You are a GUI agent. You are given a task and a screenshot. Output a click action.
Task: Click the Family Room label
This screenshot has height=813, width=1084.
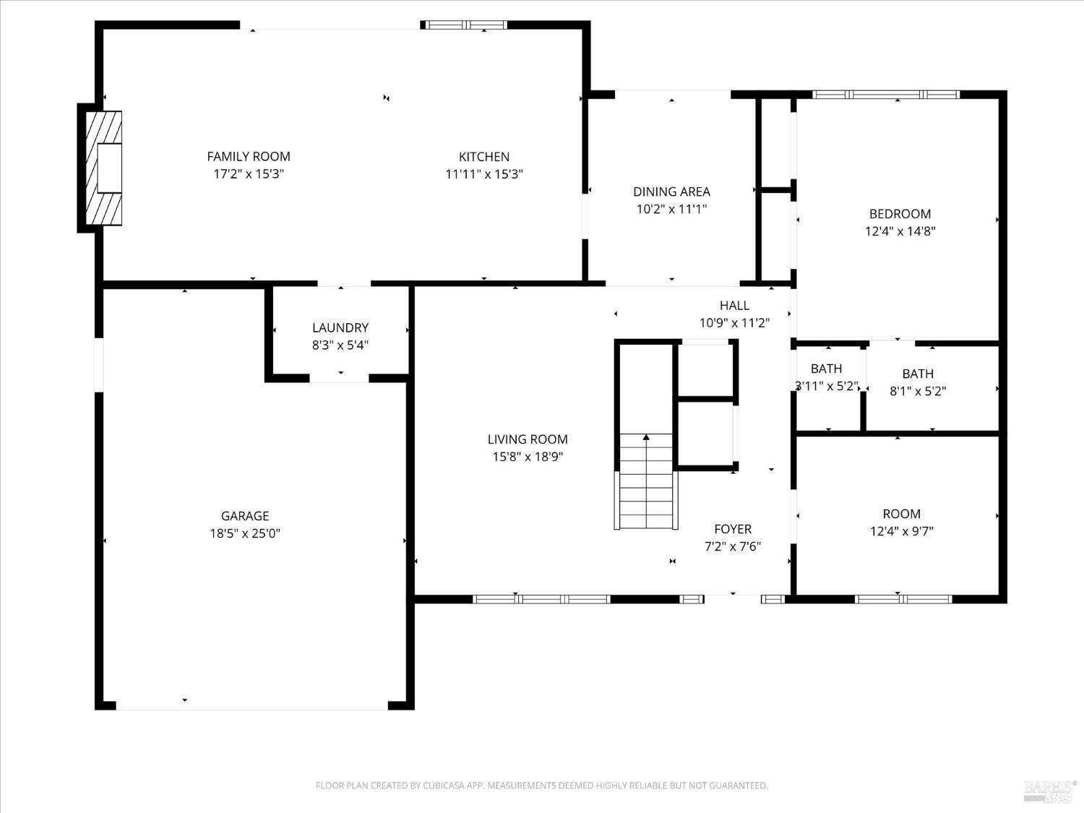(249, 156)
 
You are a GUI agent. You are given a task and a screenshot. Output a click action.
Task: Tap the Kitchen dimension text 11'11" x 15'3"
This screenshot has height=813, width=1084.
(484, 174)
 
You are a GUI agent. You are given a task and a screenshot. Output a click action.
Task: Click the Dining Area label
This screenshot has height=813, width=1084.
(671, 192)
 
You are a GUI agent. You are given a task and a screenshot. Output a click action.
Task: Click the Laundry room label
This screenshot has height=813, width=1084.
(340, 328)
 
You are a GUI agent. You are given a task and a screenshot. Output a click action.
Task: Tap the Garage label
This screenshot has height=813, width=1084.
(245, 516)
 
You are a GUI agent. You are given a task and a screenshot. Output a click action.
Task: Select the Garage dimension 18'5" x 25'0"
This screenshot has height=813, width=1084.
(245, 534)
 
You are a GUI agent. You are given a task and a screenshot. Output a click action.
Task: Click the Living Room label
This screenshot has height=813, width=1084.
(528, 439)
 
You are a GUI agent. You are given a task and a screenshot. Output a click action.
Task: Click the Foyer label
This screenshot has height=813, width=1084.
(733, 529)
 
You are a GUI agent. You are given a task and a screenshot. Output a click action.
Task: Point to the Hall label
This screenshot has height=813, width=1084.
(734, 306)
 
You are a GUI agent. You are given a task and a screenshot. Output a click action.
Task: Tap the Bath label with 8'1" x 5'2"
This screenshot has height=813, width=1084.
(918, 374)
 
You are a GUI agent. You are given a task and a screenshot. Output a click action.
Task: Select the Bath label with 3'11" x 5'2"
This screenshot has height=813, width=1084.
(826, 369)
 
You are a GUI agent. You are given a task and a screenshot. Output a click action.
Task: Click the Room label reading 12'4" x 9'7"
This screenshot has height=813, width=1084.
(901, 514)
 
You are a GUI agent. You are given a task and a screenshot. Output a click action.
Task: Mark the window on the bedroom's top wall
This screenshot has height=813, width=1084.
(886, 95)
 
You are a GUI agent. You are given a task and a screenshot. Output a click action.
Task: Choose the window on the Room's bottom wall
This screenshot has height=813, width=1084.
(903, 599)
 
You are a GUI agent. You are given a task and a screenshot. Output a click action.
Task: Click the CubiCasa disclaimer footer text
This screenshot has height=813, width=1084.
(541, 786)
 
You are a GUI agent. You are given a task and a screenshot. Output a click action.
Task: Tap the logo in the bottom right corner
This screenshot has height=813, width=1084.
(1051, 790)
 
